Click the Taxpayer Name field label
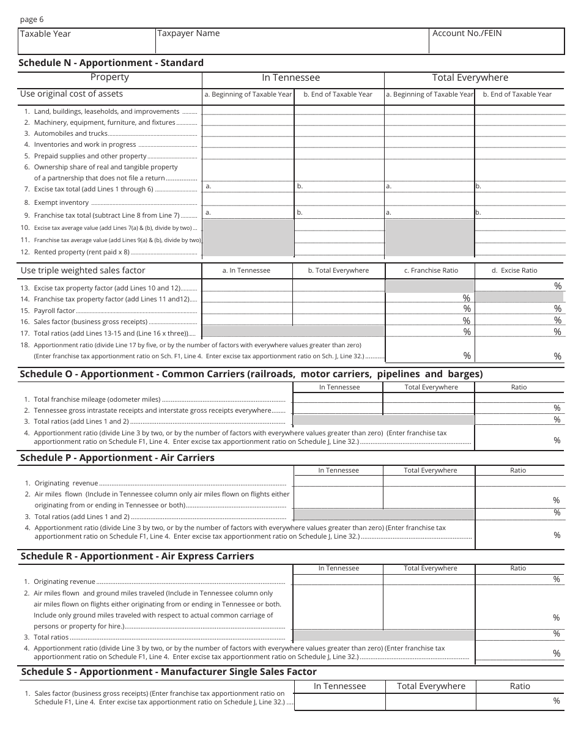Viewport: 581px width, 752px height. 188,34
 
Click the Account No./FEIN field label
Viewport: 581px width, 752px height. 467,34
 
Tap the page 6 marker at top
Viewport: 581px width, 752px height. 32,20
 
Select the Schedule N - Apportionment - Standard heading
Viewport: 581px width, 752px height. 111,62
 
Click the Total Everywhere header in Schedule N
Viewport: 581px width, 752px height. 470,78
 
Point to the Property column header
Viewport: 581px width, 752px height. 109,77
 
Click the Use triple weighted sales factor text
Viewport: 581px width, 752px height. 83,270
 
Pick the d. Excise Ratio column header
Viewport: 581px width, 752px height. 514,270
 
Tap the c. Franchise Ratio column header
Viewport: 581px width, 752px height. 431,270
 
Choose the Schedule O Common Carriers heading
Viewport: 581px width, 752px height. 251,374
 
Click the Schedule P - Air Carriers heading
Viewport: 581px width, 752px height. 117,458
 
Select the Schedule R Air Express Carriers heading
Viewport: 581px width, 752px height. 137,556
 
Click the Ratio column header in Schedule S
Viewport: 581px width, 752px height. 520,686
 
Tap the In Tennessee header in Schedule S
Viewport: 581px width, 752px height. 339,686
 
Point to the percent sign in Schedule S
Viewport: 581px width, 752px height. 557,701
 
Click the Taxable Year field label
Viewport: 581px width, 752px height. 45,34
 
